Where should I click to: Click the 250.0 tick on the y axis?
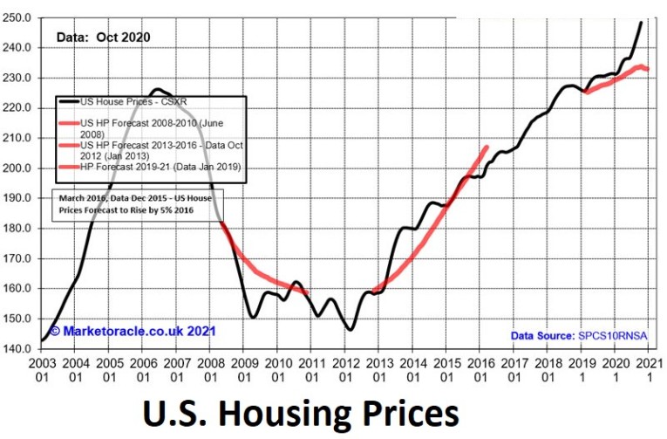(x=18, y=17)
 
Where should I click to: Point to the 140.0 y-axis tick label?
(x=18, y=348)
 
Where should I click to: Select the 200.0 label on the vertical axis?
(x=18, y=168)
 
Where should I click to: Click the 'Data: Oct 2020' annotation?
(x=104, y=38)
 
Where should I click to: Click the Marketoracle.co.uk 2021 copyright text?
(x=132, y=332)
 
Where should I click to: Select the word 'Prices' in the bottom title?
(x=415, y=412)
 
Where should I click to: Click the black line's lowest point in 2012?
(x=350, y=329)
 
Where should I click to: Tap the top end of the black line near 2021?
(x=642, y=23)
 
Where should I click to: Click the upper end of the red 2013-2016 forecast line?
(x=487, y=147)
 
